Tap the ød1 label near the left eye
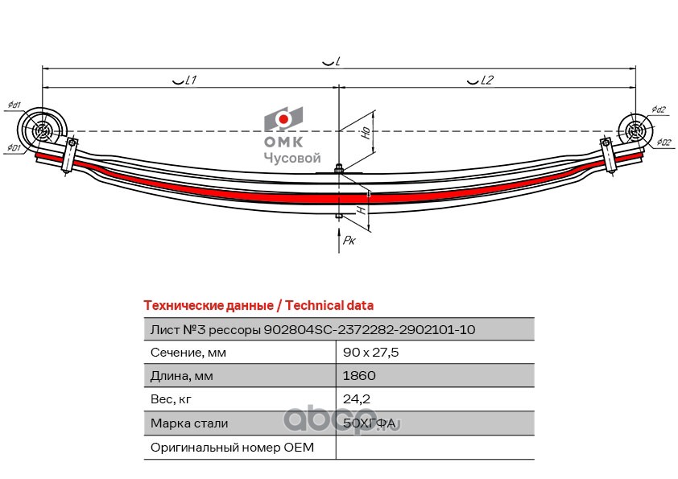coord(14,105)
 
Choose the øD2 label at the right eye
coord(664,143)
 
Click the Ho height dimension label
coord(366,134)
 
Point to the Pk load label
coord(349,240)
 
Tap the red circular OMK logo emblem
coord(283,120)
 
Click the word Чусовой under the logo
coord(292,159)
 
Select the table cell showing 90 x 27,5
coord(371,352)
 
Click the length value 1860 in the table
coord(359,375)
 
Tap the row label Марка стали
coord(189,423)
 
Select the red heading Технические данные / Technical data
coord(258,306)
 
